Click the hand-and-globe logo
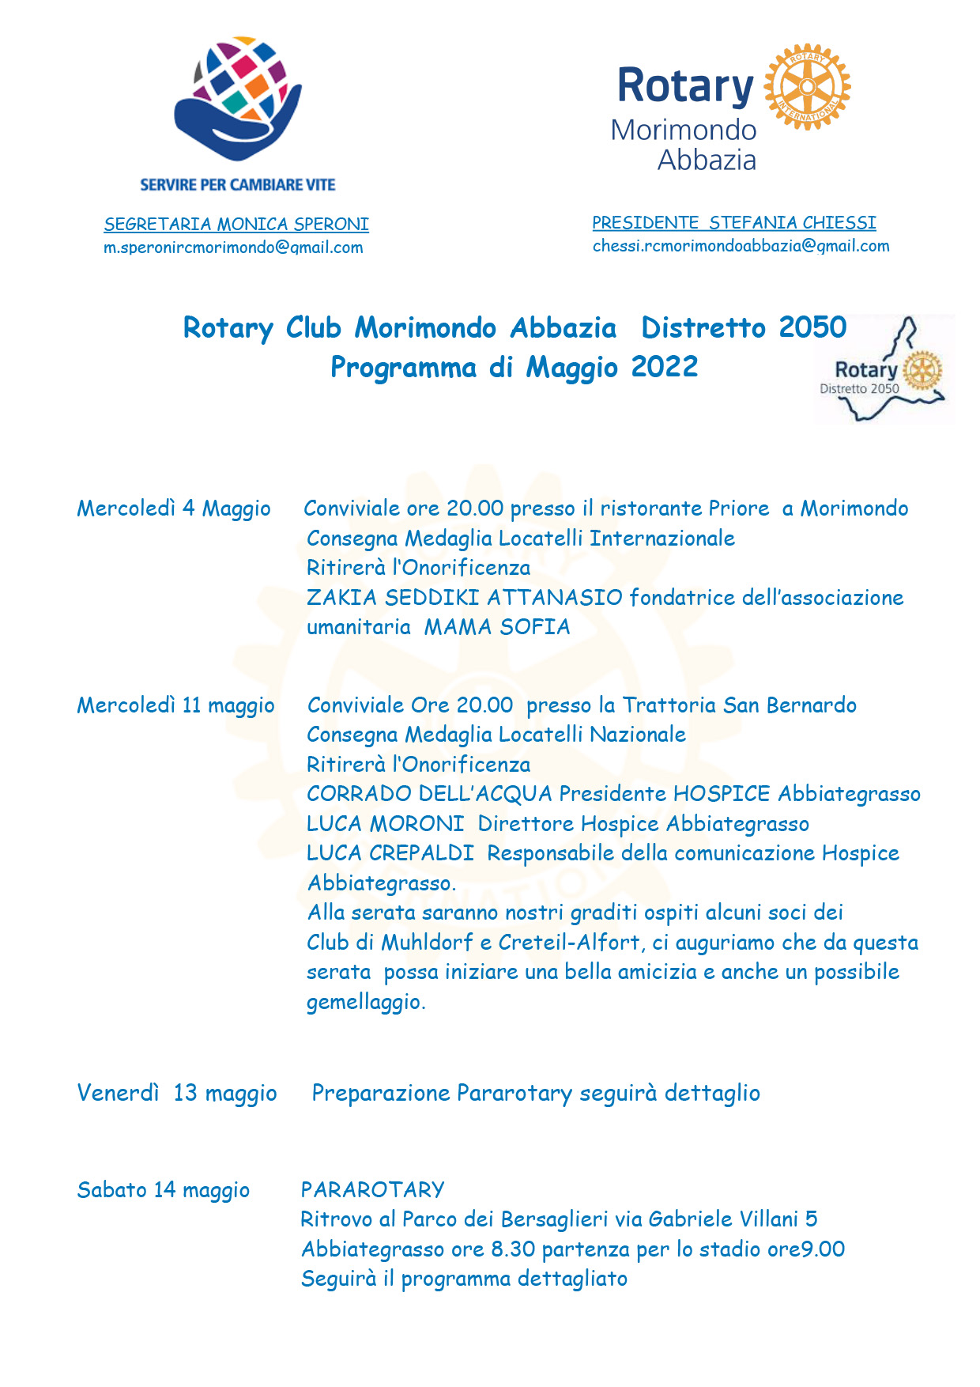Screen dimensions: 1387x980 click(x=238, y=97)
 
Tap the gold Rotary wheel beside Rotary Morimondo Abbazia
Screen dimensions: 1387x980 click(x=807, y=86)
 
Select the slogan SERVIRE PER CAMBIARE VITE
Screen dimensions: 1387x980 click(x=238, y=185)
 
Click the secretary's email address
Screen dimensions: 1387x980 click(x=233, y=248)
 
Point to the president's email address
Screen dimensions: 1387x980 click(x=741, y=246)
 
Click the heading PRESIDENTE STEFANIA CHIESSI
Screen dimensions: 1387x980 click(x=733, y=223)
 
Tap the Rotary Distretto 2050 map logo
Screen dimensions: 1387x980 click(x=884, y=370)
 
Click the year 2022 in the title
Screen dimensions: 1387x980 click(x=664, y=367)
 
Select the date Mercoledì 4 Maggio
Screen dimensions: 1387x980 click(x=174, y=508)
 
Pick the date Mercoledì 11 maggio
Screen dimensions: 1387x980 click(x=175, y=705)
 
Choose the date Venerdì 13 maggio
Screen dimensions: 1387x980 click(x=177, y=1093)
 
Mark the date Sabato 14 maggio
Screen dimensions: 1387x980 click(x=164, y=1190)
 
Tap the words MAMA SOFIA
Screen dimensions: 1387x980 click(x=497, y=627)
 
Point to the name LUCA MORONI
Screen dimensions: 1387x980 click(x=385, y=824)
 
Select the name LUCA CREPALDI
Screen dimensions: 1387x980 click(x=390, y=853)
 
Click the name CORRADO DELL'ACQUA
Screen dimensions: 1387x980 click(x=429, y=794)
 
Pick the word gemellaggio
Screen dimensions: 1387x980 click(x=365, y=1002)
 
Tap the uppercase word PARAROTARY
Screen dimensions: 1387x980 click(x=372, y=1190)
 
